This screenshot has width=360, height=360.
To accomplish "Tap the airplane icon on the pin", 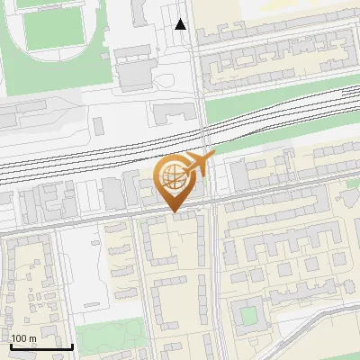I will click(x=199, y=164).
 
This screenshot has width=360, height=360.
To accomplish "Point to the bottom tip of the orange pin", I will click(x=173, y=212).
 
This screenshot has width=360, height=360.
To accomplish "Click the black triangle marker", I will click(x=181, y=24).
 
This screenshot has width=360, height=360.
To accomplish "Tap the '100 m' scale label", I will click(x=23, y=338).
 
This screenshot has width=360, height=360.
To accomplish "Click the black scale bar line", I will click(x=41, y=346).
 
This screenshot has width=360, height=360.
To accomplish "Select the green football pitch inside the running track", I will click(x=49, y=31).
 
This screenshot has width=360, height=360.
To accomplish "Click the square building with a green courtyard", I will click(x=247, y=316).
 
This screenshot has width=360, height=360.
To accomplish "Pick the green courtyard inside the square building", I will click(x=247, y=316).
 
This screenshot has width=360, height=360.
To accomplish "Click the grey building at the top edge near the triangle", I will click(x=140, y=13).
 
